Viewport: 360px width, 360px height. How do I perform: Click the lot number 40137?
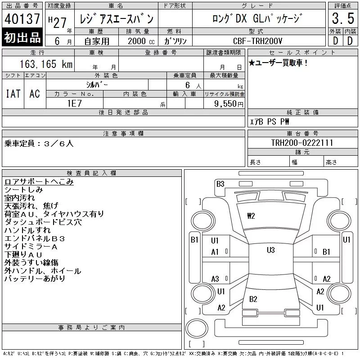point(22,18)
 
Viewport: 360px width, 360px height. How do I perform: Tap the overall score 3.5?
point(343,18)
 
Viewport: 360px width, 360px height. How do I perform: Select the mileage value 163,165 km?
point(46,64)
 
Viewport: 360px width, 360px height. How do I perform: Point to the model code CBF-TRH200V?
point(257,41)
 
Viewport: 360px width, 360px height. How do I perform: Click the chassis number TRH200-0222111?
point(302,143)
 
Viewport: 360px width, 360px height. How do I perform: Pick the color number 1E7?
point(74,103)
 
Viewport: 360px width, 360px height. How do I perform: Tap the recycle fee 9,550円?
point(229,104)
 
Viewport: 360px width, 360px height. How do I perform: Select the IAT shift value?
point(13,94)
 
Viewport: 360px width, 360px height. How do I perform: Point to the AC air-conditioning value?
point(35,94)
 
